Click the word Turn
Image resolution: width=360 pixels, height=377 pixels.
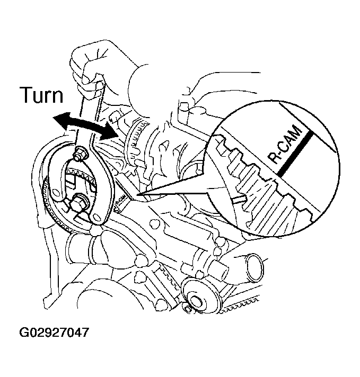coord(41,96)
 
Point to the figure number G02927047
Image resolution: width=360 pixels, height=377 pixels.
coord(54,334)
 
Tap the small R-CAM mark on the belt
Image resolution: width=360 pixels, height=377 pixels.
coord(121,201)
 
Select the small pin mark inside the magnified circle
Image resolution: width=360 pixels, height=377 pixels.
coord(237,199)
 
